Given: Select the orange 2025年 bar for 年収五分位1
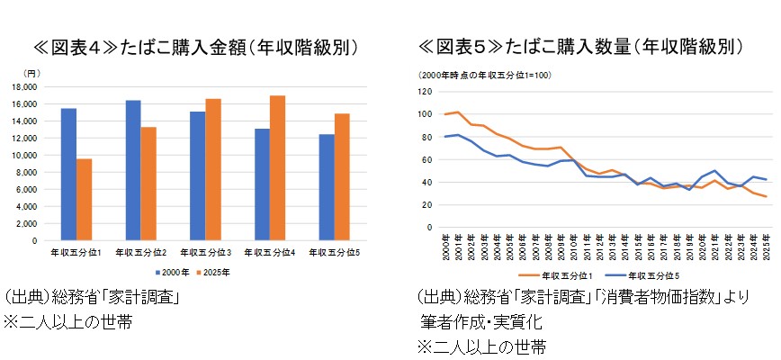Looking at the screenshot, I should pos(84,200).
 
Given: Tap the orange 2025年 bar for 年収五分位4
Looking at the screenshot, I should pos(277,168).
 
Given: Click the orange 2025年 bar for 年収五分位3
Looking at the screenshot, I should pos(212,170).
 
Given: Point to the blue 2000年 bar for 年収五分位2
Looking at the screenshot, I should pos(132,170).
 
